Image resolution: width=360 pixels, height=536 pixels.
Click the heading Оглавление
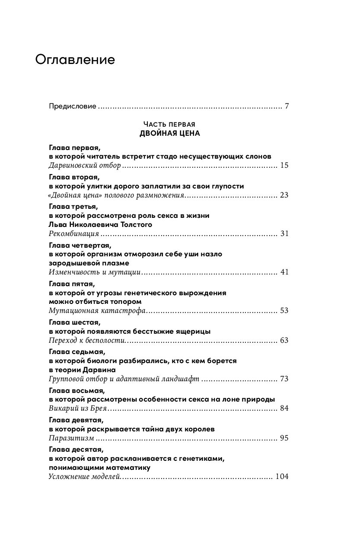(75, 60)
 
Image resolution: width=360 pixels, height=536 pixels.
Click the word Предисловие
(72, 106)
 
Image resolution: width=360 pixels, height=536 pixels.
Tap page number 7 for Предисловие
(286, 106)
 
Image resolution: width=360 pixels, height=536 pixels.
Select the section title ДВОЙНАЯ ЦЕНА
(170, 133)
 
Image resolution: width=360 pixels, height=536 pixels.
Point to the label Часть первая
(170, 124)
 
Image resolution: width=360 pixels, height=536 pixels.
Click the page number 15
(284, 165)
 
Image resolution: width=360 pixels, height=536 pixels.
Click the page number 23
(284, 195)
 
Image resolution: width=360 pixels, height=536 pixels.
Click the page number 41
(284, 272)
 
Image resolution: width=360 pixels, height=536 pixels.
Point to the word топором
(121, 301)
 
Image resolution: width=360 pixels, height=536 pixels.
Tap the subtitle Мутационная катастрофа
(98, 310)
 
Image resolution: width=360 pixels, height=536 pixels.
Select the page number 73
(284, 379)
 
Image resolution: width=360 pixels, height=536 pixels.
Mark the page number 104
(281, 477)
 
